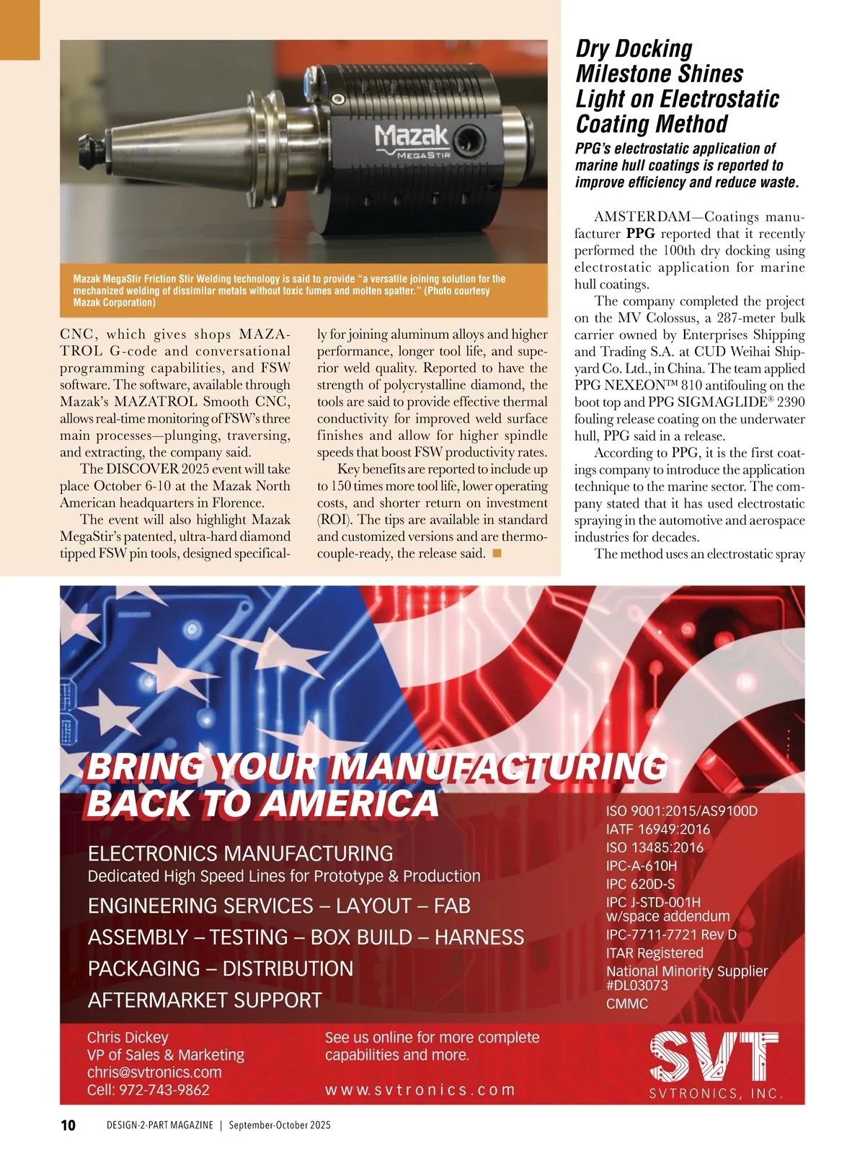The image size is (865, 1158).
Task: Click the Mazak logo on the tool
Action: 412,136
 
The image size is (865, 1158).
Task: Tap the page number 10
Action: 68,1126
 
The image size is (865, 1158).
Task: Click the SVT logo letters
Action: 714,1057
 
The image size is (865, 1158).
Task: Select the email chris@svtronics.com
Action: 154,1072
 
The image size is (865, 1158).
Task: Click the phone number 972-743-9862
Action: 164,1090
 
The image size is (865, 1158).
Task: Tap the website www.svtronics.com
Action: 420,1090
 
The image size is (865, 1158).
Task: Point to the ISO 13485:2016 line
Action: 655,847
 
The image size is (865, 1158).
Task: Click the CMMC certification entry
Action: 627,1003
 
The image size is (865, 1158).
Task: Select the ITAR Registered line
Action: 655,953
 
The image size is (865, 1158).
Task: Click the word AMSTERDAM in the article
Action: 641,217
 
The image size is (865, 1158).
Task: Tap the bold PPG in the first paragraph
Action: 640,234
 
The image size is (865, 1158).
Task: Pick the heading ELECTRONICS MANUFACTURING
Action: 241,854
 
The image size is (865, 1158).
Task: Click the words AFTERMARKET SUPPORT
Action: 205,1000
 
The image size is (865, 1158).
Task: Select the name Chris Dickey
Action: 128,1037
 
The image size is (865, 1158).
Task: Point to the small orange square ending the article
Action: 496,553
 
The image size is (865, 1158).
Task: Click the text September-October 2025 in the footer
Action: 280,1126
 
